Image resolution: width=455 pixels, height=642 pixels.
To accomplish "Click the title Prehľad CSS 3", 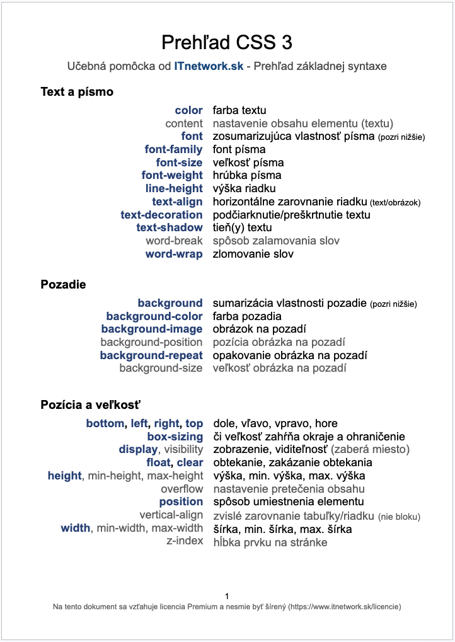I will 227,42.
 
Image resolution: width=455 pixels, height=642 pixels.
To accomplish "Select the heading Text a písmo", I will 77,92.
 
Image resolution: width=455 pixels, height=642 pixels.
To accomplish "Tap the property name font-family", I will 174,150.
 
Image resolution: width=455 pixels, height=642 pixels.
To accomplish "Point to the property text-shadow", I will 170,228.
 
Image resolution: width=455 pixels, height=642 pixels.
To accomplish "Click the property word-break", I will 174,241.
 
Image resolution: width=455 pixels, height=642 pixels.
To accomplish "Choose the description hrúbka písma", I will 247,176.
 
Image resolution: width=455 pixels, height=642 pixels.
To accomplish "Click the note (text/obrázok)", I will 395,203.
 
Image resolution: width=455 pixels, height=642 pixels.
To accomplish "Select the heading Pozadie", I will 63,285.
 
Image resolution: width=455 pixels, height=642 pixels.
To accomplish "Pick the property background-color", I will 154,316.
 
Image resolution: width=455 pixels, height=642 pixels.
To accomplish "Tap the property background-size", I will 161,369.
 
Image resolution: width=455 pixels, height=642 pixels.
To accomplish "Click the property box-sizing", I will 175,437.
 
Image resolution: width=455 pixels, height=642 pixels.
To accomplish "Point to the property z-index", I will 185,541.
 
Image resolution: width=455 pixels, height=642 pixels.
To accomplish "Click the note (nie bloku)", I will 399,517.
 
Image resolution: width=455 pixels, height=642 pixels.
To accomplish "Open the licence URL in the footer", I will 344,607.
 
